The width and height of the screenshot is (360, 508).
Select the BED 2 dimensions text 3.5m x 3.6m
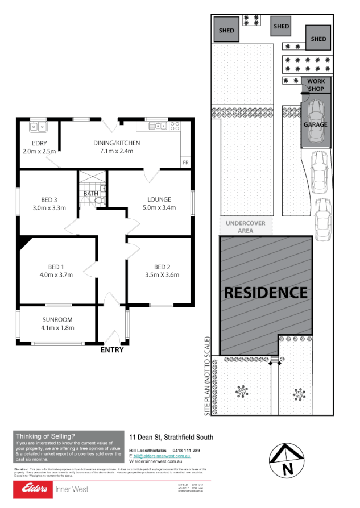coord(162,275)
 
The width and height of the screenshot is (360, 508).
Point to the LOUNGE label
coord(159,199)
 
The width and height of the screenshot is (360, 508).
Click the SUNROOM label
coord(58,319)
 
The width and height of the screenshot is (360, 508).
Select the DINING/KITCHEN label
coord(117,143)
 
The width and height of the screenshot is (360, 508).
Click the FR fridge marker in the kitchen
coord(185,163)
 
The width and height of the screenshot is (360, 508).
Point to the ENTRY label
coord(111,350)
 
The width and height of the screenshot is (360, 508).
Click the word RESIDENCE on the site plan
coord(266,293)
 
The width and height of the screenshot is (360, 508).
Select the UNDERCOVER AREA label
coord(245,227)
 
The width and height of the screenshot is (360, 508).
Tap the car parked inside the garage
coord(316,122)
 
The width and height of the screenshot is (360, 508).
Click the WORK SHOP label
coord(316,85)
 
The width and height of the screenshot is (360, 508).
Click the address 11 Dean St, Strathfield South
coord(171,437)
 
